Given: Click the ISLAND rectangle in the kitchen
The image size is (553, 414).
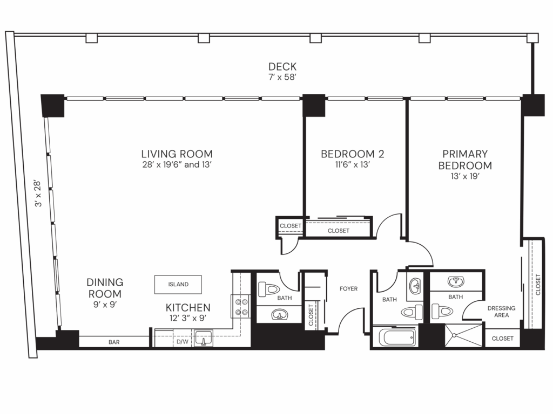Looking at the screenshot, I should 178,284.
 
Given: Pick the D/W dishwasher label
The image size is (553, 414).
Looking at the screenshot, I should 182,342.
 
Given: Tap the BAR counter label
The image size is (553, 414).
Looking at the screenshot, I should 113,342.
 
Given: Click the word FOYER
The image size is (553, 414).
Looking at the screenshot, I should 348,289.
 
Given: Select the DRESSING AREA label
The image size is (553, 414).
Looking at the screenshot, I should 501,312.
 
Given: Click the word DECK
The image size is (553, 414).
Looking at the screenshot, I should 282,67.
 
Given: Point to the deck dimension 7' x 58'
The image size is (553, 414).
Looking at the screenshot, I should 282,78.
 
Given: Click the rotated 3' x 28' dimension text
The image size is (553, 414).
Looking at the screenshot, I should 37,195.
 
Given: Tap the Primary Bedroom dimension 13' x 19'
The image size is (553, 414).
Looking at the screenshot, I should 464,177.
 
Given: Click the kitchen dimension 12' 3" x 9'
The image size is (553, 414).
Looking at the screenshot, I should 188,318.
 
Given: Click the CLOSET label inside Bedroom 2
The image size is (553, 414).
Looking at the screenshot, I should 339,231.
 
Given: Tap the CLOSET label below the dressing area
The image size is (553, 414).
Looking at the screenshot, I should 502,339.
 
